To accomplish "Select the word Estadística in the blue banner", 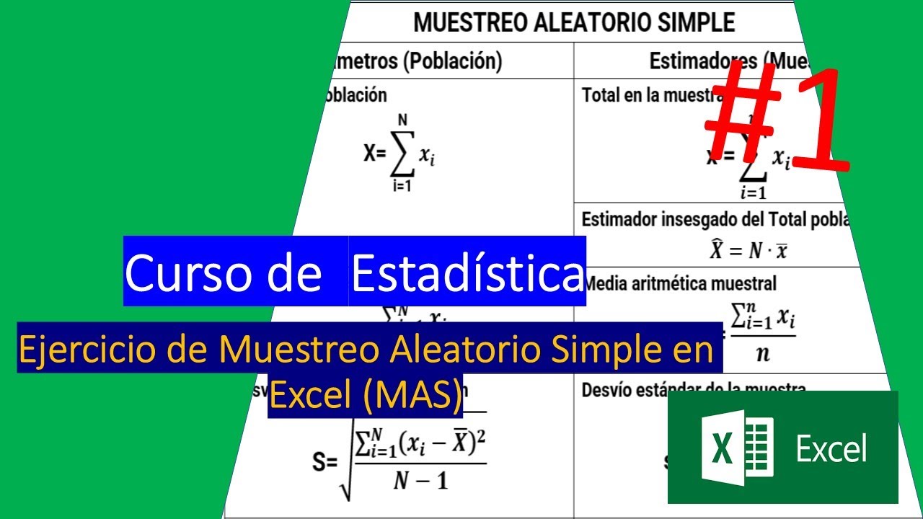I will pos(467,272).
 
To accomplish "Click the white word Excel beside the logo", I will pos(831,448).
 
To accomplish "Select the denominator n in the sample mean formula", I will pos(762,354).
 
